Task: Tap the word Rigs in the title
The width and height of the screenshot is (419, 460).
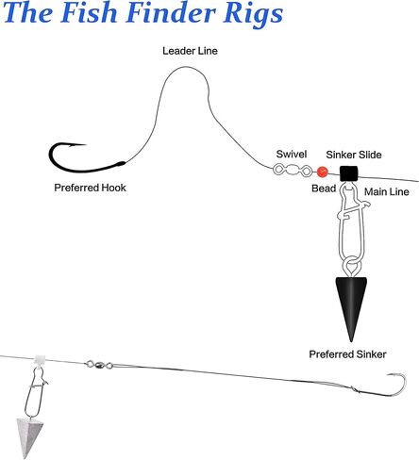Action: pyautogui.click(x=253, y=15)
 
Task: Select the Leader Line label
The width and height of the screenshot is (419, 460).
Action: pyautogui.click(x=190, y=51)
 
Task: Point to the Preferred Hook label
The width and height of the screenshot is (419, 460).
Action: pyautogui.click(x=90, y=188)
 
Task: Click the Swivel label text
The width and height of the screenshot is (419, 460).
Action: pyautogui.click(x=292, y=154)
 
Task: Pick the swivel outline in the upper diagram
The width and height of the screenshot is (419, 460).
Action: pyautogui.click(x=293, y=171)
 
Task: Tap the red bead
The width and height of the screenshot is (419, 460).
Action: pyautogui.click(x=322, y=172)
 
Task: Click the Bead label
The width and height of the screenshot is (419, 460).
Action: pyautogui.click(x=324, y=189)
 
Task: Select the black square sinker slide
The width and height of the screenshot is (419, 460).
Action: pyautogui.click(x=349, y=173)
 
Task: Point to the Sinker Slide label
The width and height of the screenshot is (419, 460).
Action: pyautogui.click(x=354, y=155)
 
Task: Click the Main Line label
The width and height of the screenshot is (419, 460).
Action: pyautogui.click(x=387, y=191)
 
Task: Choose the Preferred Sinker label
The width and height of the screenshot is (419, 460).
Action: pyautogui.click(x=347, y=354)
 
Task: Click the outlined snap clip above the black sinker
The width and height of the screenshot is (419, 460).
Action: pyautogui.click(x=351, y=229)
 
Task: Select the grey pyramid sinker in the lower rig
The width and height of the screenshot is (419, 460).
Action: pyautogui.click(x=28, y=436)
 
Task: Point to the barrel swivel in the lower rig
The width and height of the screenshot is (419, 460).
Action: pyautogui.click(x=99, y=365)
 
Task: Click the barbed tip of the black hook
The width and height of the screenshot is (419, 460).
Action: pyautogui.click(x=86, y=144)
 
